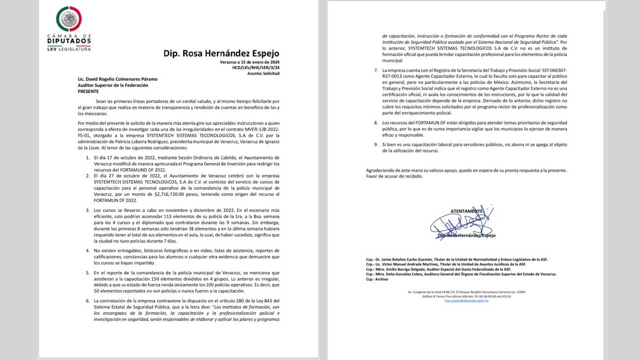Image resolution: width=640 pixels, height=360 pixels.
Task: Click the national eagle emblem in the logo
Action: tap(69, 19)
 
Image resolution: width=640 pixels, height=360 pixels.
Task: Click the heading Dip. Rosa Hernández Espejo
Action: tap(221, 53)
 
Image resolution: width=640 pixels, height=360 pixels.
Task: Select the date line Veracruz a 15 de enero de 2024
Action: tap(249, 62)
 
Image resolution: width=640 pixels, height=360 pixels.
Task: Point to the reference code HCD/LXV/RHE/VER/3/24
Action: tap(255, 67)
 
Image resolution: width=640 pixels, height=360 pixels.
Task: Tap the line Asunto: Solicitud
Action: tap(263, 73)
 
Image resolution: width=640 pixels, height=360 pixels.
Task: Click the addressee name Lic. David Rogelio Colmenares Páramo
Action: tap(117, 79)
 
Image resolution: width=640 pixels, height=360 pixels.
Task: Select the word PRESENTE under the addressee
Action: tap(88, 91)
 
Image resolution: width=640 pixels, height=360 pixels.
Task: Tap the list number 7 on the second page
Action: tap(375, 70)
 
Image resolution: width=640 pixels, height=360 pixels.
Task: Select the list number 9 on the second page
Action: tap(375, 145)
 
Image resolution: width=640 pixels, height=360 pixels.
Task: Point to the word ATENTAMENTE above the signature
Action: tap(466, 211)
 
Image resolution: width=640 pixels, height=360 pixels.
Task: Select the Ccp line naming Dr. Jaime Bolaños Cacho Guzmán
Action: tap(456, 259)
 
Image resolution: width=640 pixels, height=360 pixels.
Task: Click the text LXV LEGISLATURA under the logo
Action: tap(69, 49)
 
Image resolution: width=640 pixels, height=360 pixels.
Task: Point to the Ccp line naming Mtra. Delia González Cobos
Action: tap(460, 274)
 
